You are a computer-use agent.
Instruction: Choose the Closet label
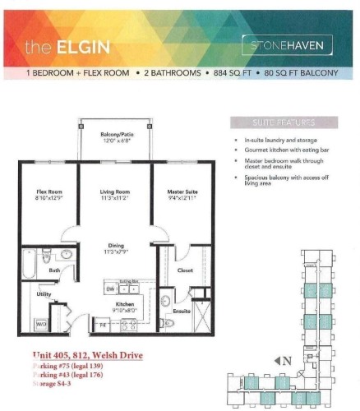click(185, 269)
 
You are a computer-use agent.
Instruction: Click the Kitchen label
click(114, 305)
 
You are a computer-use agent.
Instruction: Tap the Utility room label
click(45, 293)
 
